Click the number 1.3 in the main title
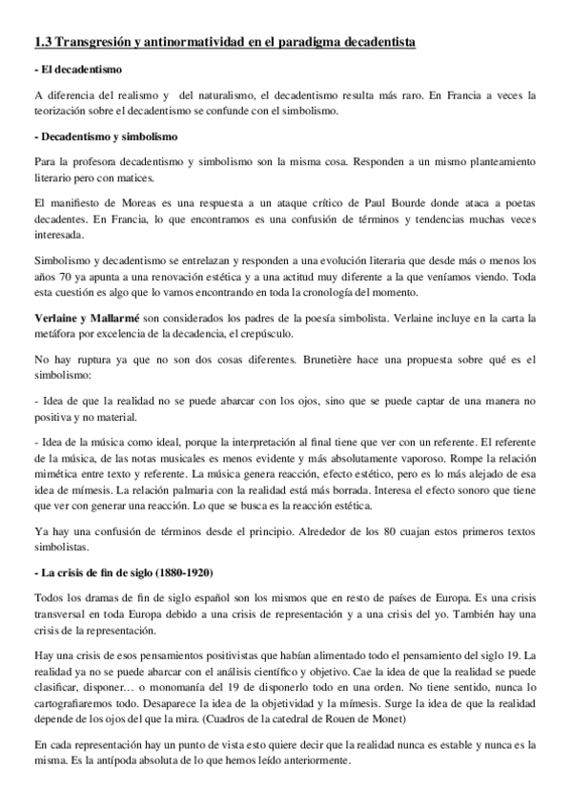(42, 43)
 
